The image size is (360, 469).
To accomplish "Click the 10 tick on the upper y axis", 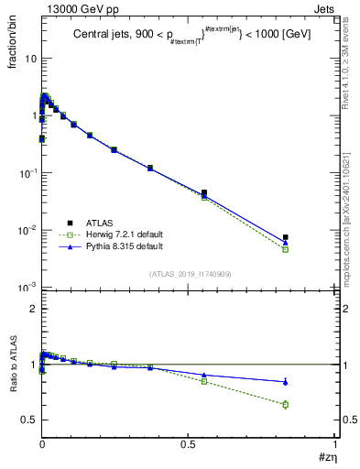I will pyautogui.click(x=28, y=59).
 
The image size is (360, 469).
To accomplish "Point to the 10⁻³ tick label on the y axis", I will pyautogui.click(x=26, y=288).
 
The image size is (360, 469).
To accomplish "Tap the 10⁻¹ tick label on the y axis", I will pyautogui.click(x=26, y=173).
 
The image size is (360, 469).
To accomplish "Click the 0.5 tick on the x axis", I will pyautogui.click(x=188, y=444).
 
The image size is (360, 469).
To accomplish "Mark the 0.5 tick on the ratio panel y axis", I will pyautogui.click(x=29, y=420).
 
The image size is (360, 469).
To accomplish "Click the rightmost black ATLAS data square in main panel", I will pyautogui.click(x=286, y=237).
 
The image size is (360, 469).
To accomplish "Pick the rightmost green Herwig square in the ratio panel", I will pyautogui.click(x=286, y=404).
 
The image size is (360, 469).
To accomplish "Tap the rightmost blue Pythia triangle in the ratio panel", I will pyautogui.click(x=286, y=381).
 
